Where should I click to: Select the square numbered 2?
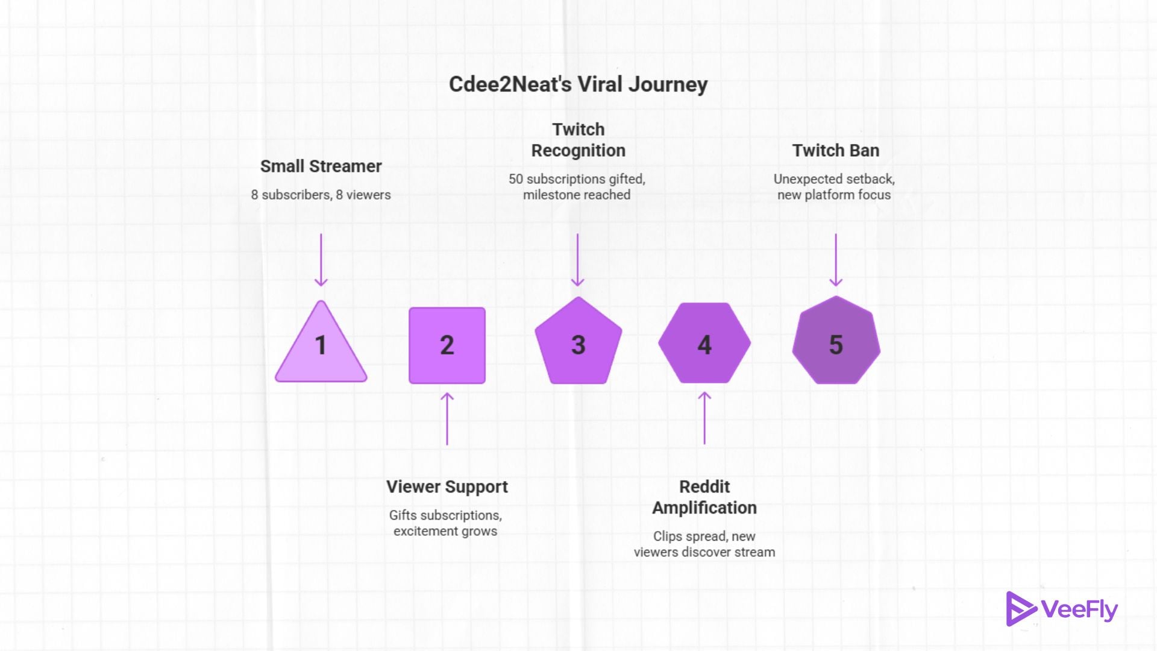tap(447, 345)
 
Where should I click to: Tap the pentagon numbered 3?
tap(578, 344)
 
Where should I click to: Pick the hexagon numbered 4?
tap(704, 344)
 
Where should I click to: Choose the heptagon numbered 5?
tap(836, 342)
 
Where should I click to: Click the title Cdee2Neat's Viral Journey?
tap(578, 84)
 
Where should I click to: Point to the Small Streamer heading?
tap(321, 166)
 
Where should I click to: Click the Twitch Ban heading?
tap(835, 151)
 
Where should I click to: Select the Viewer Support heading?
tap(447, 487)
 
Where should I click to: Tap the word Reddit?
tap(704, 487)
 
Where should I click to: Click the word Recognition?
tap(578, 151)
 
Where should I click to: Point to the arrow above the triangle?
tap(321, 260)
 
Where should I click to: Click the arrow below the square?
tap(447, 419)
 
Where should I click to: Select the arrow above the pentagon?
tap(577, 260)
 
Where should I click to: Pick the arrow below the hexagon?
tap(704, 418)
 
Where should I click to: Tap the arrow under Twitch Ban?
tap(835, 260)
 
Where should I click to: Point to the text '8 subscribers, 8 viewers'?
tap(321, 195)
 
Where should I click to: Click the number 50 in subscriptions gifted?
tap(516, 180)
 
